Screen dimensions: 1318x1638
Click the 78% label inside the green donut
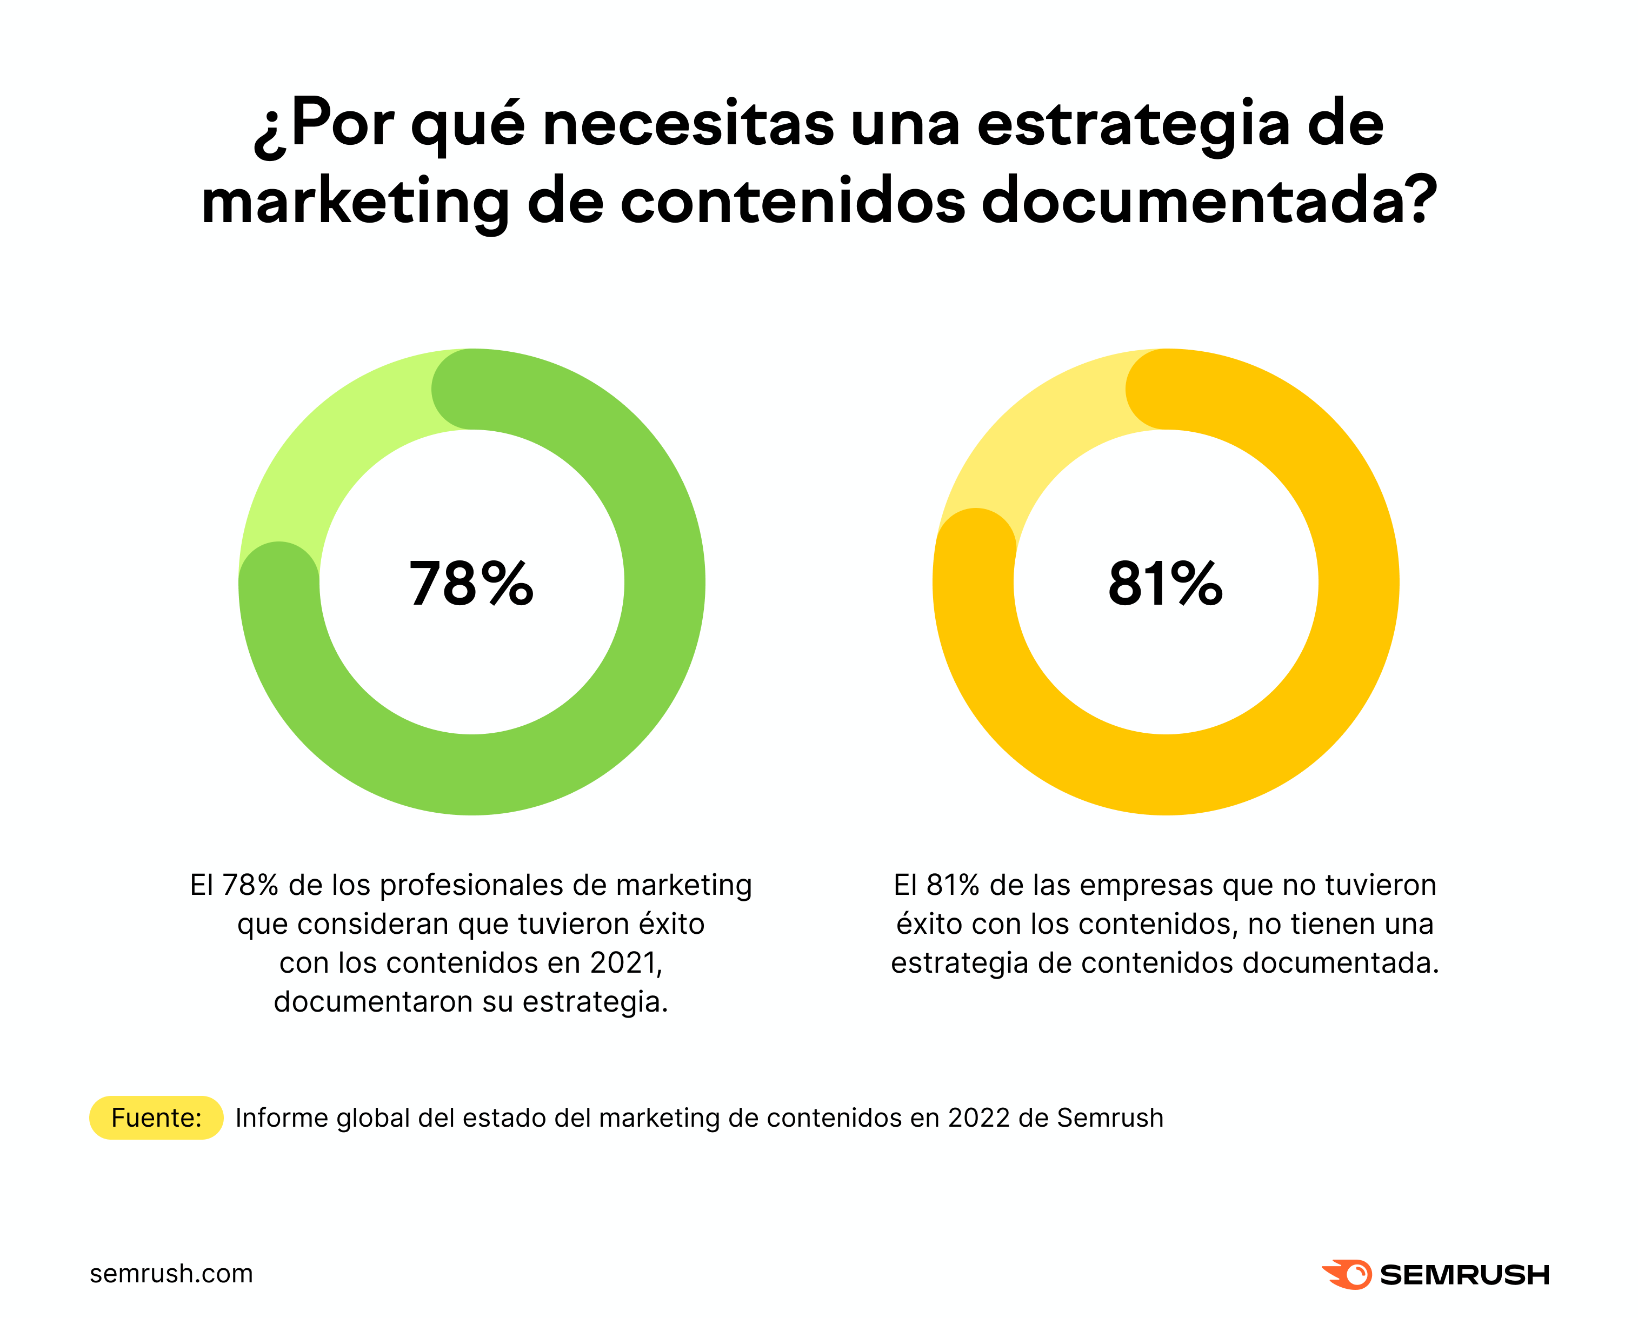click(x=471, y=584)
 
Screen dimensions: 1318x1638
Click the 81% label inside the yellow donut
click(x=1164, y=584)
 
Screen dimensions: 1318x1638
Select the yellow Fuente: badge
click(x=156, y=1118)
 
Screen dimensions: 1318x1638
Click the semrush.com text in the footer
click(x=171, y=1273)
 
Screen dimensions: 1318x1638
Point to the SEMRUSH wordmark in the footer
click(x=1464, y=1275)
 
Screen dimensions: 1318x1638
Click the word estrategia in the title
click(x=1134, y=125)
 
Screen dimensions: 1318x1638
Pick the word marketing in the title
click(x=356, y=204)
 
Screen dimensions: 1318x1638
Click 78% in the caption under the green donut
click(x=250, y=885)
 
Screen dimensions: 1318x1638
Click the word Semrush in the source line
click(x=1110, y=1118)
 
